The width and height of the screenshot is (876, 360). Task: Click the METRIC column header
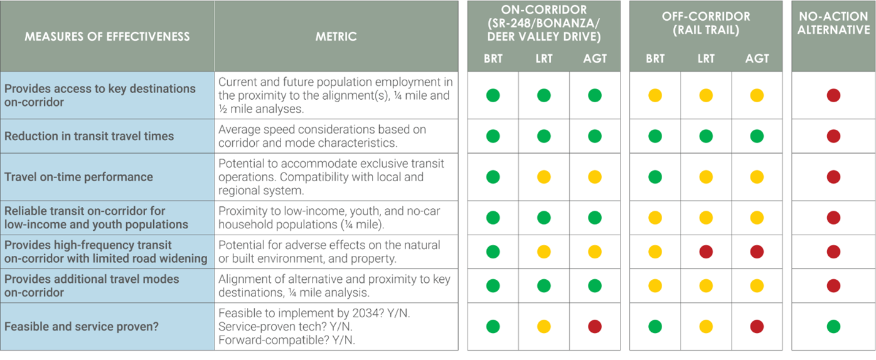point(336,37)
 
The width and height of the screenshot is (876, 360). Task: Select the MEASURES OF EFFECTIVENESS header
point(107,37)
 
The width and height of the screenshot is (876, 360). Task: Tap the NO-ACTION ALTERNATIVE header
point(833,23)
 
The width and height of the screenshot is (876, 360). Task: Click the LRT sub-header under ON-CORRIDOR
point(543,59)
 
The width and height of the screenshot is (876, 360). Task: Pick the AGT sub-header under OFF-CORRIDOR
point(757,59)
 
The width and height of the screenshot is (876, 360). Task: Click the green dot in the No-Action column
point(833,326)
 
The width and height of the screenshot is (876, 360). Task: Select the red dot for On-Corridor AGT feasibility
point(594,326)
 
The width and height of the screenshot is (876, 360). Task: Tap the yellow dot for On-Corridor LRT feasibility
point(543,326)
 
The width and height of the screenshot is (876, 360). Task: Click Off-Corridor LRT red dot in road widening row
point(706,252)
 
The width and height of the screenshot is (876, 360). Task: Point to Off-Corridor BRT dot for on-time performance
point(655,177)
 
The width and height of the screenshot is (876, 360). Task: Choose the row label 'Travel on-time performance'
point(78,177)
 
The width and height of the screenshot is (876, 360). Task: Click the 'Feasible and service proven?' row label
point(81,326)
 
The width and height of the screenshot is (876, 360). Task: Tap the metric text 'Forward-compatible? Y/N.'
point(287,340)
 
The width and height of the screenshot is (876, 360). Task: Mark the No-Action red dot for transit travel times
point(833,136)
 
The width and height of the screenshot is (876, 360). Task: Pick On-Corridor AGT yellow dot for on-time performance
point(594,177)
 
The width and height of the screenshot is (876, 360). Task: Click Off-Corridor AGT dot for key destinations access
point(757,96)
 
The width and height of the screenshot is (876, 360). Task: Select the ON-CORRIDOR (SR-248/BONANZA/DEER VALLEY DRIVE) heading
point(543,23)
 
